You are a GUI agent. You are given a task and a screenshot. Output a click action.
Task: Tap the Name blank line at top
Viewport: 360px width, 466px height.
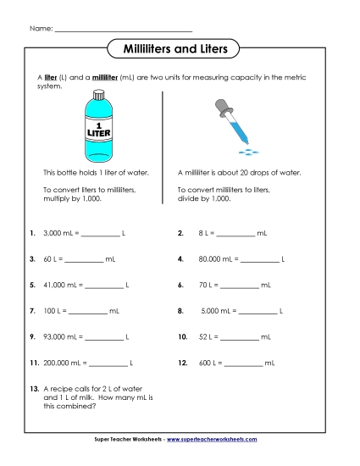[x=124, y=30]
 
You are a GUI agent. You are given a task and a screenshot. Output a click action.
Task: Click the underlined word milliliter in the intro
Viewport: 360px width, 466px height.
[x=104, y=78]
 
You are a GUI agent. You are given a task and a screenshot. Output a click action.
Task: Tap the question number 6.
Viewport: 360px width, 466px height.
[x=181, y=286]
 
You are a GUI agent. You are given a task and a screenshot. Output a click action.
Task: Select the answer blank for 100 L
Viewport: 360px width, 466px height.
[x=87, y=312]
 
